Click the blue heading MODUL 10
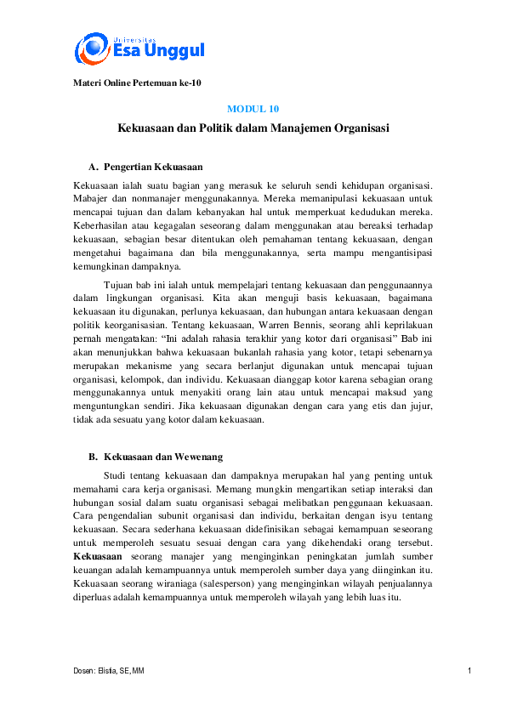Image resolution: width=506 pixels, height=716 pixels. coord(253,109)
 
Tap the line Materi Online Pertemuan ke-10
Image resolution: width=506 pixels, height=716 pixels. coord(136,82)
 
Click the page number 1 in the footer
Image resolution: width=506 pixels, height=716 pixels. coord(469,672)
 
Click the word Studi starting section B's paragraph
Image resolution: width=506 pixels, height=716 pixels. coord(115,474)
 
